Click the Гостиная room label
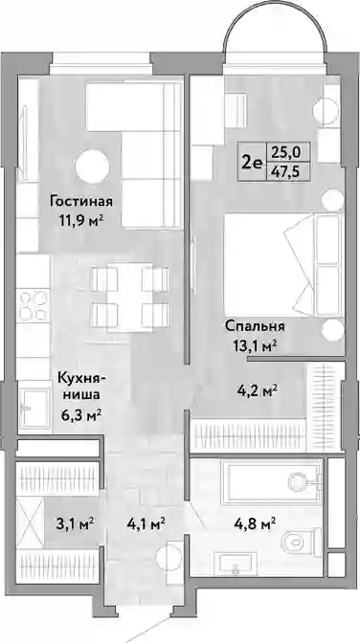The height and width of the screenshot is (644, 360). tap(81, 202)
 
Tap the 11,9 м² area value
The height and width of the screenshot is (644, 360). tap(79, 221)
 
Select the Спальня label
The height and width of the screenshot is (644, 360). tap(255, 326)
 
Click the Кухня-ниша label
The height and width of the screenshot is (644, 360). tap(81, 386)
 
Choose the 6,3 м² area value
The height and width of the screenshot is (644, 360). tap(80, 415)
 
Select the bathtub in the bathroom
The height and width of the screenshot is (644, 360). tap(271, 481)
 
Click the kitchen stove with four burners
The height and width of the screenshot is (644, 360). tap(34, 305)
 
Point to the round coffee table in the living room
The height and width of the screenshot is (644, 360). tap(94, 167)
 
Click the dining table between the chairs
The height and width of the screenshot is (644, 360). tap(130, 297)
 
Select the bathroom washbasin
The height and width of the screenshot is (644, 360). tap(236, 565)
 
